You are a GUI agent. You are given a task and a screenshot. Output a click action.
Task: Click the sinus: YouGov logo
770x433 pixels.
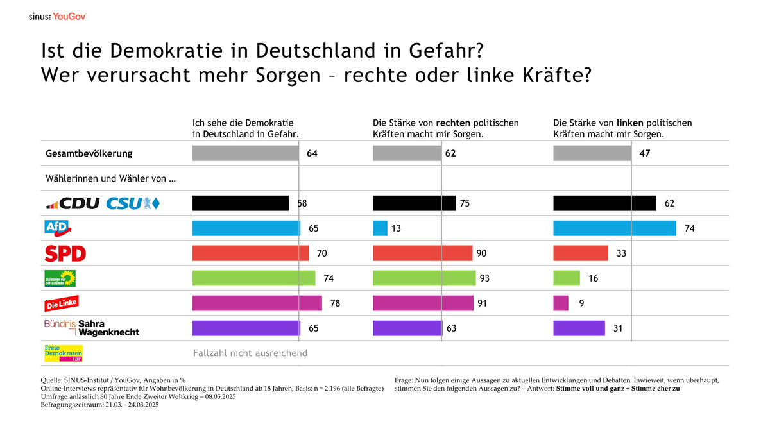[57, 16]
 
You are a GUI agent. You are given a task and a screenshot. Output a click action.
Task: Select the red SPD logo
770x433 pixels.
[65, 253]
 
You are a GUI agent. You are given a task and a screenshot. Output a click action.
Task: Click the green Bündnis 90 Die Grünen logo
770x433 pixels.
[60, 278]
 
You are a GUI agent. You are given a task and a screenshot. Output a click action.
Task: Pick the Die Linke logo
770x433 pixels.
[61, 303]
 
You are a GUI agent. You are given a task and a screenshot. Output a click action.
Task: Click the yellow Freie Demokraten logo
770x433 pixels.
[63, 353]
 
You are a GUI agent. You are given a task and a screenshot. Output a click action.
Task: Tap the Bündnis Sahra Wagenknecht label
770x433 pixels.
[91, 328]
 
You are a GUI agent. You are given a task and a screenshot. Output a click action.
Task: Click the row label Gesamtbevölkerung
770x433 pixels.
[89, 153]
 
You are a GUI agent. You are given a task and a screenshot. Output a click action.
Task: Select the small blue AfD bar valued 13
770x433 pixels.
[380, 228]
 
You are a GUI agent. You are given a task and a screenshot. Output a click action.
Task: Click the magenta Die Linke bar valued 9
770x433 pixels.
[560, 303]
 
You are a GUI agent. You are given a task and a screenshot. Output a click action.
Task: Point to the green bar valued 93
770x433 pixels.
[424, 278]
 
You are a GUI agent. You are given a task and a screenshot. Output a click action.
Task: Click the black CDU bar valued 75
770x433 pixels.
[414, 203]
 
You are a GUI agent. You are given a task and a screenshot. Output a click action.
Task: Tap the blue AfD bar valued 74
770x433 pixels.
[614, 228]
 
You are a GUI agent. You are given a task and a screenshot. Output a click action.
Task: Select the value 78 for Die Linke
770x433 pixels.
[335, 303]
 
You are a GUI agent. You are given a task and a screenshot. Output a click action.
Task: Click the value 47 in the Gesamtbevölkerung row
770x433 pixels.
[645, 153]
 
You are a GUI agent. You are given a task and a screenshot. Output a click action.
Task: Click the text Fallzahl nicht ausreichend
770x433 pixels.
[250, 353]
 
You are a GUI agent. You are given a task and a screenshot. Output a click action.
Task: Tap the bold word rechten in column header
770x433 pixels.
[453, 123]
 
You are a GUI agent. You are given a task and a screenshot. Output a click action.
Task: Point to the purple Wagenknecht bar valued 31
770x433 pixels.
[579, 328]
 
